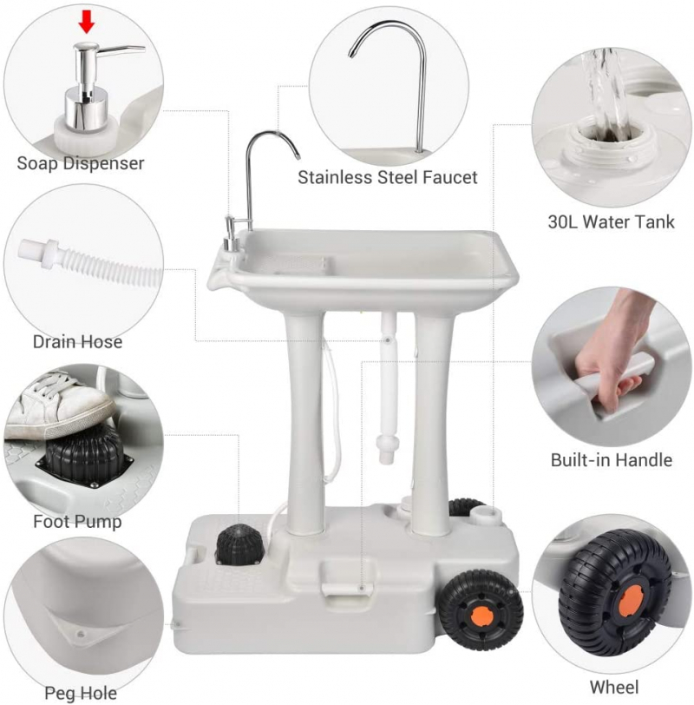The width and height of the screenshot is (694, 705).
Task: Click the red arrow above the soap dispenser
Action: pyautogui.click(x=86, y=22)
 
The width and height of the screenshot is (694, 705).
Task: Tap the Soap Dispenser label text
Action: pyautogui.click(x=81, y=162)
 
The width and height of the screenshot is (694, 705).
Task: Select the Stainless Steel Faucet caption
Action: pyautogui.click(x=387, y=177)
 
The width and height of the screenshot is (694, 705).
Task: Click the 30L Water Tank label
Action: pyautogui.click(x=611, y=221)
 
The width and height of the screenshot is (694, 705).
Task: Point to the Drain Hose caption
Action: pyautogui.click(x=77, y=342)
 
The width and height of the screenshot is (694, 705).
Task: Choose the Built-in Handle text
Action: pyautogui.click(x=612, y=460)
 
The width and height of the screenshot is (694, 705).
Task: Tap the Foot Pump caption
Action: pyautogui.click(x=77, y=522)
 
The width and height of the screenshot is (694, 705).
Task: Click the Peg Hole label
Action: pyautogui.click(x=81, y=693)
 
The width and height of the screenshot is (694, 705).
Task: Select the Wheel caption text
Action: pyautogui.click(x=613, y=687)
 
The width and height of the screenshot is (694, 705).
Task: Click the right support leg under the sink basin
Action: pyautogui.click(x=432, y=423)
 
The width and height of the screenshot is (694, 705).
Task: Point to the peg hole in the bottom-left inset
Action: pyautogui.click(x=81, y=635)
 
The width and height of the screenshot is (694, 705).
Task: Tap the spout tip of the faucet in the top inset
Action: pyautogui.click(x=350, y=55)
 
